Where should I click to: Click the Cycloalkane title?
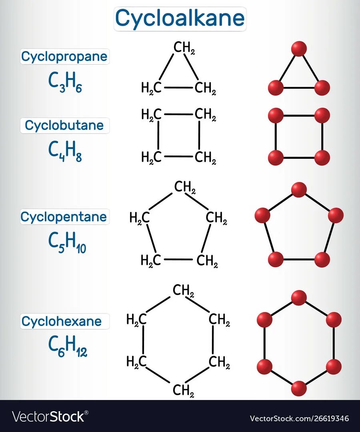click(x=180, y=18)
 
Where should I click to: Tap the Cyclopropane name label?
click(x=64, y=57)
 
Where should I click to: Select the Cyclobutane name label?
click(x=64, y=125)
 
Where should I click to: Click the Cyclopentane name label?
click(x=64, y=217)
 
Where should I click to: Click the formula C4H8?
click(x=65, y=151)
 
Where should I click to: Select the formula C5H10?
click(x=67, y=243)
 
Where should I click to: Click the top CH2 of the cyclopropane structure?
click(x=184, y=48)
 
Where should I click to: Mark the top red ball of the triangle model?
click(x=299, y=49)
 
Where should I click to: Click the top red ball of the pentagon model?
click(x=299, y=190)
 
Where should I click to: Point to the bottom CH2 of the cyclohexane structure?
click(x=183, y=390)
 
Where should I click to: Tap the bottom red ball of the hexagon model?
click(x=299, y=388)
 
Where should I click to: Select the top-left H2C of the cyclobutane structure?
click(x=152, y=115)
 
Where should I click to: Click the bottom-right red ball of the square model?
click(x=322, y=158)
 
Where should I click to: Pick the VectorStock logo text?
click(x=48, y=417)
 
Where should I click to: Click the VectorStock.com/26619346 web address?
click(x=299, y=418)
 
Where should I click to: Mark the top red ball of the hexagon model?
click(x=299, y=298)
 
